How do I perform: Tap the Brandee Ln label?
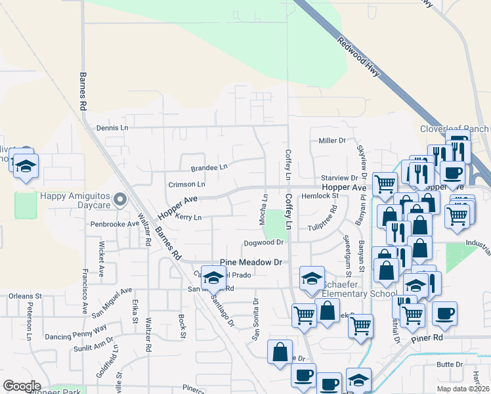(x=209, y=167)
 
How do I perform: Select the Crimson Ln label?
(x=186, y=185)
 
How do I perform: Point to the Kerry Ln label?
(x=188, y=217)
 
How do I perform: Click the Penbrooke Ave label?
(x=115, y=224)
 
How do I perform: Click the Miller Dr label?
(x=331, y=141)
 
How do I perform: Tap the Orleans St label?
(x=25, y=296)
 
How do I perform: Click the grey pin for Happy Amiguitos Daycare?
(x=119, y=198)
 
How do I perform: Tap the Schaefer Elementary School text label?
(x=347, y=294)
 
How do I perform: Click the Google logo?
(x=22, y=386)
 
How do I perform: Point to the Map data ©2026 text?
(x=461, y=389)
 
